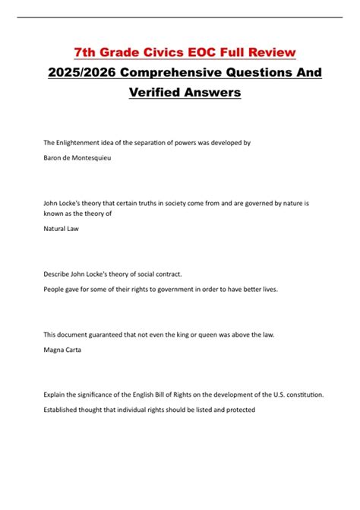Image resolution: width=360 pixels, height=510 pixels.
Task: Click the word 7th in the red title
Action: [x=86, y=52]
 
